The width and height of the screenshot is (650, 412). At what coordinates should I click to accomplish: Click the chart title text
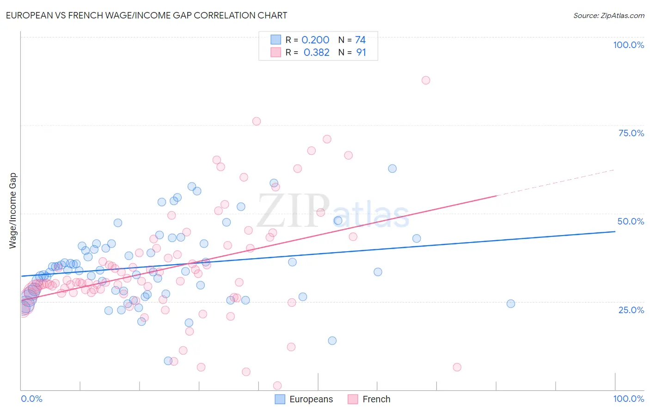[147, 15]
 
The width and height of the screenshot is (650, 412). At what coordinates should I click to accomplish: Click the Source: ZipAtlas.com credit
[608, 15]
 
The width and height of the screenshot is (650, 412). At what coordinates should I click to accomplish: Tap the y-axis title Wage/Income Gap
[13, 211]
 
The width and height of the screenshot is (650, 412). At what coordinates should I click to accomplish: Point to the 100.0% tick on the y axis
[628, 45]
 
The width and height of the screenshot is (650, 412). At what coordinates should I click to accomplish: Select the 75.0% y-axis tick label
[631, 133]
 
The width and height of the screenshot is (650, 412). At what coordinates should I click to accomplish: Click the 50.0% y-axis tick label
[631, 221]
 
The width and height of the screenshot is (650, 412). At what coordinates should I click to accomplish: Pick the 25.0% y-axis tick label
[631, 309]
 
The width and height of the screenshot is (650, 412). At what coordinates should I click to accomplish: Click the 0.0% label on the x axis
[31, 399]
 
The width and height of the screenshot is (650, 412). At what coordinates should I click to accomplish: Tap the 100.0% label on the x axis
[628, 399]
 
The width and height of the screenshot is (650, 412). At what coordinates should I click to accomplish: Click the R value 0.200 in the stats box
[315, 40]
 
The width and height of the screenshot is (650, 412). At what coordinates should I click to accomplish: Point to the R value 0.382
[316, 53]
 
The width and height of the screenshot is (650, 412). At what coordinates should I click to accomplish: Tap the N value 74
[360, 40]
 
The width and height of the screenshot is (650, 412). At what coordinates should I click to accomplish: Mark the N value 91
[361, 53]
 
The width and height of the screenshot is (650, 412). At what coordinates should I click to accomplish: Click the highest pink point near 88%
[426, 80]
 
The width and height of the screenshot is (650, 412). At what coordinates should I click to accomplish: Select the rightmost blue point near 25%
[511, 303]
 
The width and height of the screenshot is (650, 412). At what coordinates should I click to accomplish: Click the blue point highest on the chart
[392, 169]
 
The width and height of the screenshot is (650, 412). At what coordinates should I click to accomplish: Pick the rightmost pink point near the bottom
[457, 367]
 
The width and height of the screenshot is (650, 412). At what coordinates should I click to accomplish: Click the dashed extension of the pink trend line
[555, 182]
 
